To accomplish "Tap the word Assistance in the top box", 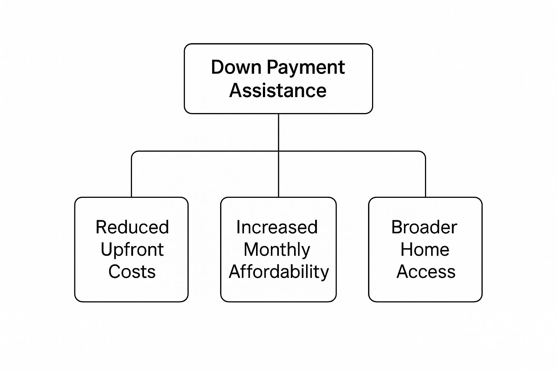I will pos(278,90).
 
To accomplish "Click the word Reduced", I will pos(132,227).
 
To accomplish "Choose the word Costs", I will pos(132,272).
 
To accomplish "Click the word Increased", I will pos(277,227).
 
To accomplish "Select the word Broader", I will pos(424,227).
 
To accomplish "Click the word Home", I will pos(425,250).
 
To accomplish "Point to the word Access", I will pos(426,272).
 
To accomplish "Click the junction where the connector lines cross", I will pos(278,151).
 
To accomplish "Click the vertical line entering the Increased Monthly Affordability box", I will pos(278,181).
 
